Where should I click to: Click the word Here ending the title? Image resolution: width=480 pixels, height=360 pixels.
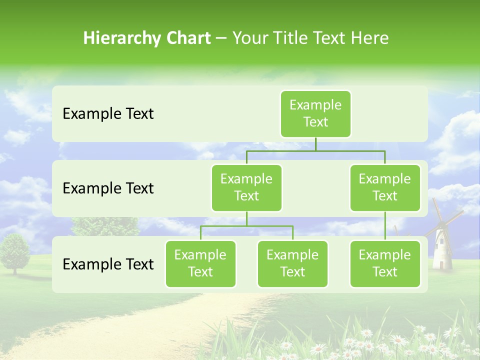pyautogui.click(x=369, y=38)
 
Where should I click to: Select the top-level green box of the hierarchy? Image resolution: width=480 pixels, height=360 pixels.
pyautogui.click(x=315, y=113)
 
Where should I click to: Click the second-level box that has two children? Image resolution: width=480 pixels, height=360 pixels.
pyautogui.click(x=246, y=187)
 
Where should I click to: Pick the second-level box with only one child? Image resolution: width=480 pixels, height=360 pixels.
pyautogui.click(x=385, y=187)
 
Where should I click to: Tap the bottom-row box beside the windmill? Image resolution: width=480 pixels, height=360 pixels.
pyautogui.click(x=385, y=263)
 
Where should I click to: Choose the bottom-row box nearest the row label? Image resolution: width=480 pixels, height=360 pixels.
pyautogui.click(x=200, y=263)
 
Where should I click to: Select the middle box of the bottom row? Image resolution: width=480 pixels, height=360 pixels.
pyautogui.click(x=292, y=263)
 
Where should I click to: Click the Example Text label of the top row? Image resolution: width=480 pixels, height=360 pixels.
pyautogui.click(x=108, y=114)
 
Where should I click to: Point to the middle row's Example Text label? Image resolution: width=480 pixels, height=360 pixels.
pyautogui.click(x=108, y=188)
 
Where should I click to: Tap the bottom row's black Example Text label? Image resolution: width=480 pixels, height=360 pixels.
pyautogui.click(x=108, y=264)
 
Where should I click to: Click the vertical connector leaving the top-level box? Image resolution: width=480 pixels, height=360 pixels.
pyautogui.click(x=315, y=144)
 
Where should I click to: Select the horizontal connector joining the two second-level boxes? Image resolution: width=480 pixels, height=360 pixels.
pyautogui.click(x=315, y=150)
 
